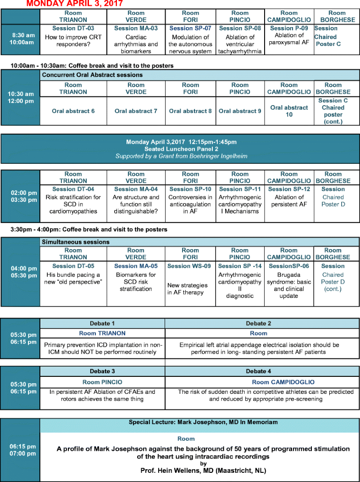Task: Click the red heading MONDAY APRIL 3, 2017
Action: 74,4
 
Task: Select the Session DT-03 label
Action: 73,28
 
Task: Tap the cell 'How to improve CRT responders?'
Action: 73,40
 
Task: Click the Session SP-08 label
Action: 240,28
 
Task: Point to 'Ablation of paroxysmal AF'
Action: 289,39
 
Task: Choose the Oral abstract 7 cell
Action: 136,111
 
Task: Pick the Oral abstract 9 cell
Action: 240,111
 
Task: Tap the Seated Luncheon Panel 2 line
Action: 180,149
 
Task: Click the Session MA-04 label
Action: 136,189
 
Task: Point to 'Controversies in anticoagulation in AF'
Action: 190,204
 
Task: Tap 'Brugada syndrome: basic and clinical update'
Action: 289,281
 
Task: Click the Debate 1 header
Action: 103,324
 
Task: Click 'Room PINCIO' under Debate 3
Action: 103,382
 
